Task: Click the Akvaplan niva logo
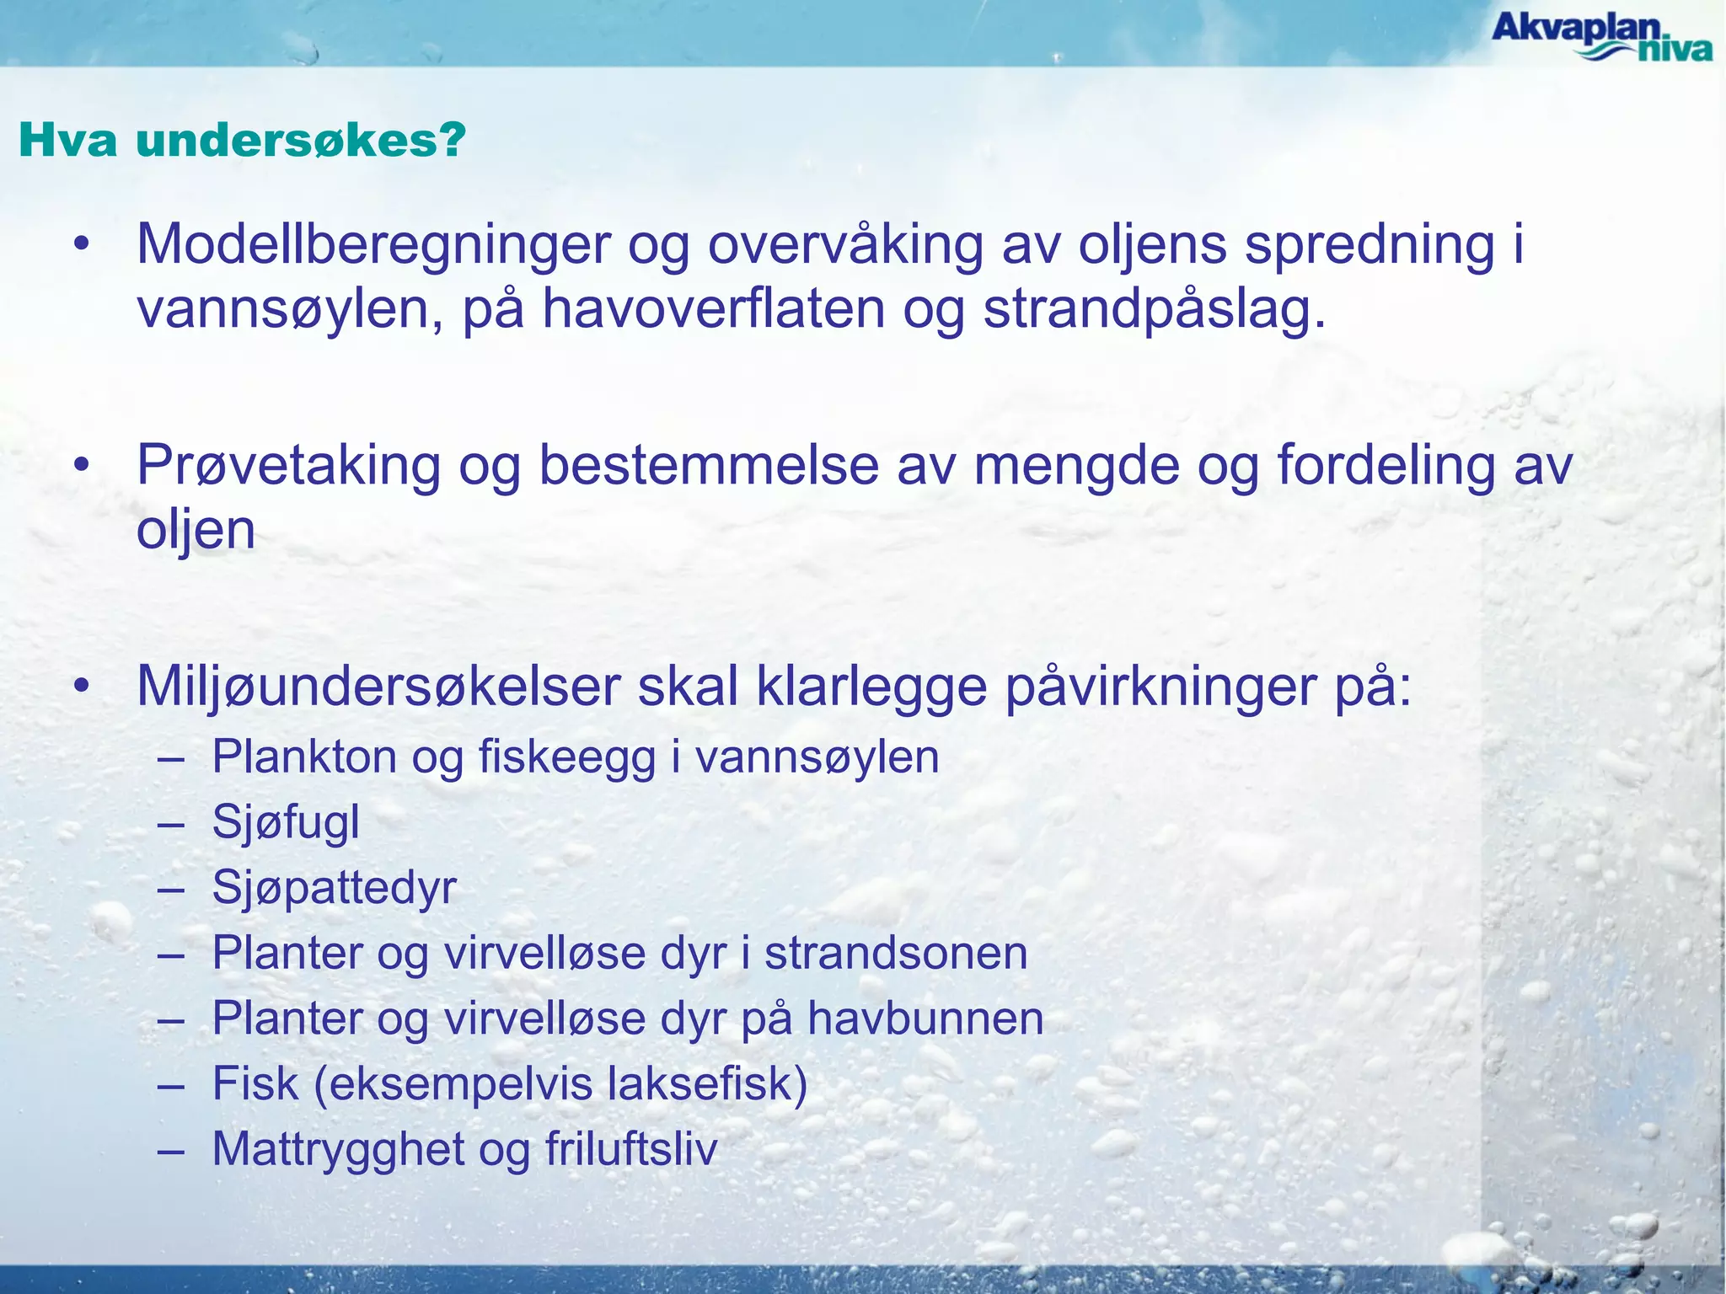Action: pos(1601,37)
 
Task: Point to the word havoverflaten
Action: pos(713,310)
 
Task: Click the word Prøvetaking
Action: pos(288,467)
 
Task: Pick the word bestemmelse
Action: pos(708,467)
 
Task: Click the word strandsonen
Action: pos(896,954)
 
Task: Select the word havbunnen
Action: pos(925,1019)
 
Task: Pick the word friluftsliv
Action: pos(631,1149)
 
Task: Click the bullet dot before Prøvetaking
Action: pos(82,466)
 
